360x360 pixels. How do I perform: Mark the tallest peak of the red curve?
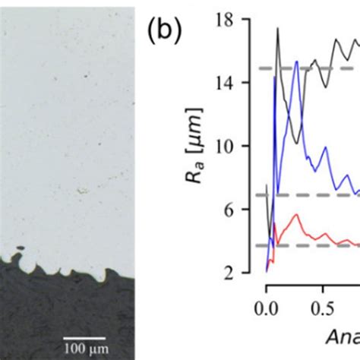coord(296,215)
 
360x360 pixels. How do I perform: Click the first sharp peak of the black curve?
coord(278,28)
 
